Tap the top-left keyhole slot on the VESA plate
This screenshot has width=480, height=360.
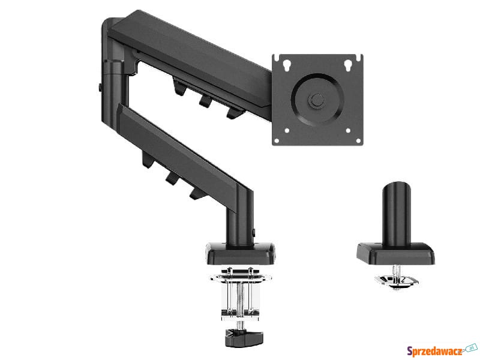[287, 65]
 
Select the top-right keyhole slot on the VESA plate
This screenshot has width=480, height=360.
[348, 65]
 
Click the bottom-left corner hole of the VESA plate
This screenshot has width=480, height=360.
[277, 141]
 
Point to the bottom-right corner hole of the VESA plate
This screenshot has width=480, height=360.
[358, 141]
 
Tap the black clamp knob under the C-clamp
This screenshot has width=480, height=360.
[244, 337]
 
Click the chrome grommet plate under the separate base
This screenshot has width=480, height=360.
[397, 281]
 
